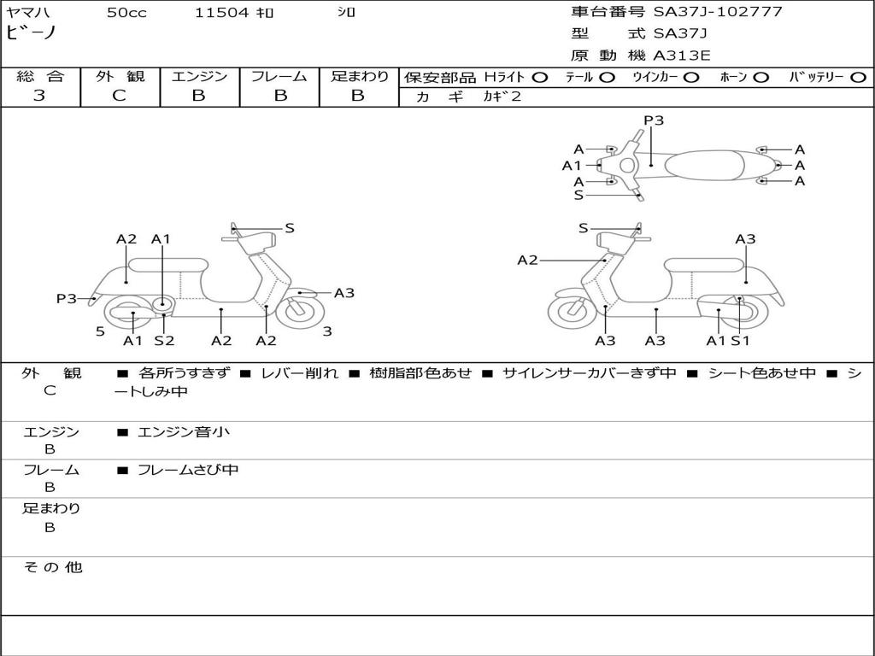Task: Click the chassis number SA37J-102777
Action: point(718,12)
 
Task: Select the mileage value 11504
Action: point(221,13)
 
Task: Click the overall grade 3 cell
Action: point(39,96)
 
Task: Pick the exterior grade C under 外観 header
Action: point(119,96)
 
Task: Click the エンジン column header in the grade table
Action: point(199,76)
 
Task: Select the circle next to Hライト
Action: point(540,77)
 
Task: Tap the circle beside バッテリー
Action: point(858,77)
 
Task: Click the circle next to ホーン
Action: point(760,77)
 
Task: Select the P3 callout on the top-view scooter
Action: point(654,120)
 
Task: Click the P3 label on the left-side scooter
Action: point(67,298)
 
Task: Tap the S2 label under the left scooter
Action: point(164,341)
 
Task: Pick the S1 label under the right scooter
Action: point(740,341)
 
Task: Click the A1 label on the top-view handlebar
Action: point(571,166)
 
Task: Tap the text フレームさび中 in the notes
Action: point(188,470)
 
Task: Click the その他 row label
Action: point(52,567)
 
